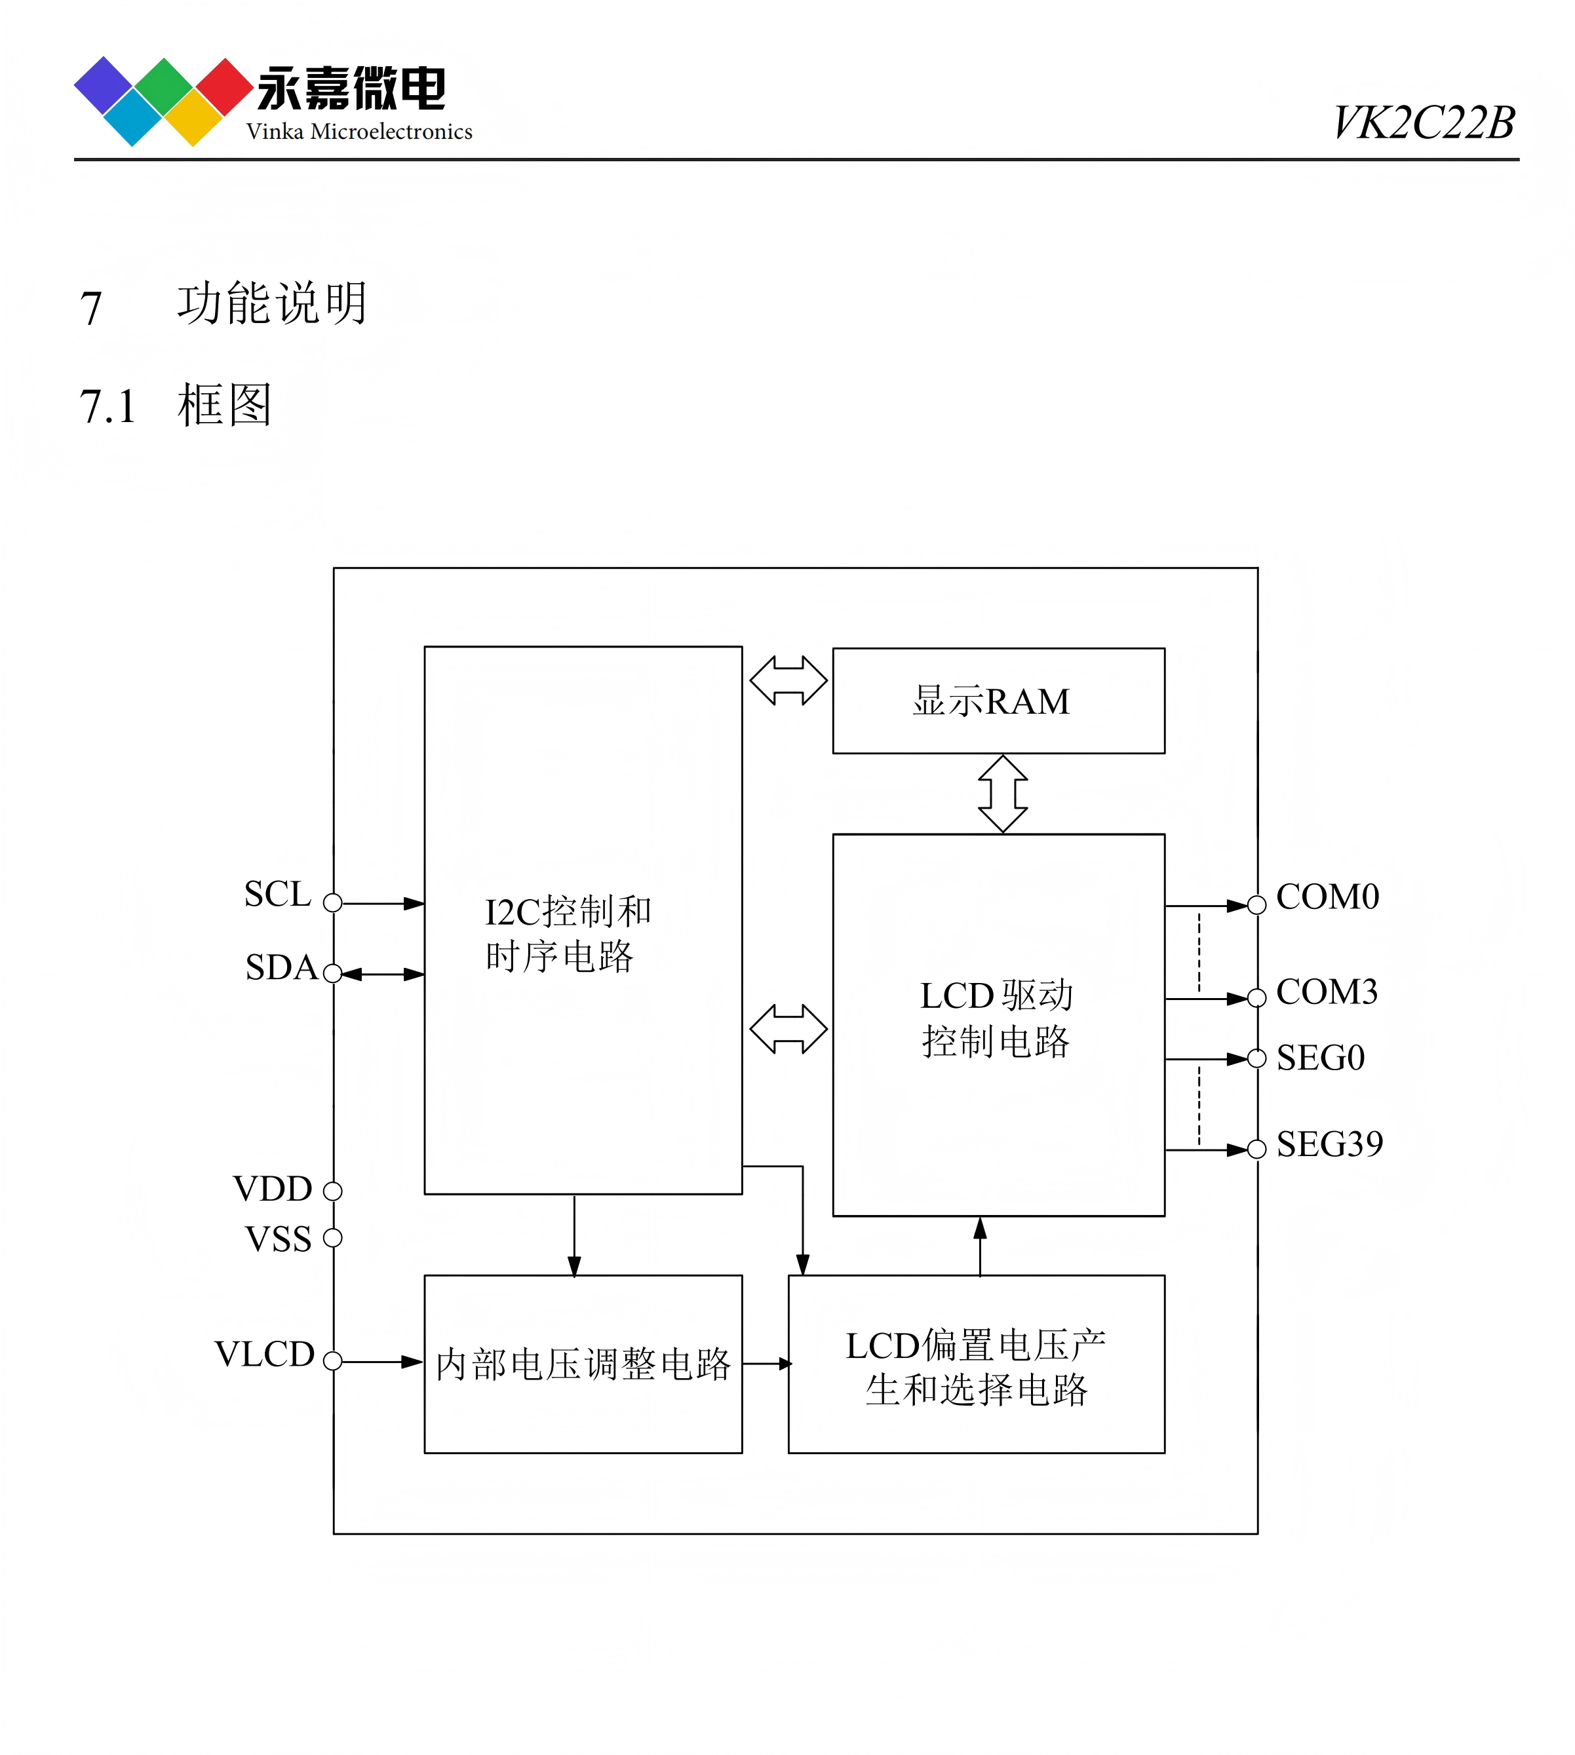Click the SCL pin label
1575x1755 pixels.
pyautogui.click(x=277, y=893)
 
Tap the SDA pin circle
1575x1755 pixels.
pyautogui.click(x=332, y=974)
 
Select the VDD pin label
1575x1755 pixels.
pyautogui.click(x=273, y=1188)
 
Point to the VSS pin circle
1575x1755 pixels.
pyautogui.click(x=332, y=1237)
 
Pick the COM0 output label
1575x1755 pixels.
pyautogui.click(x=1327, y=897)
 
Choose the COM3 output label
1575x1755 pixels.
pyautogui.click(x=1326, y=992)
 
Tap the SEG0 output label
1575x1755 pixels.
pyautogui.click(x=1320, y=1058)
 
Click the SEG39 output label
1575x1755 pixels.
pyautogui.click(x=1329, y=1144)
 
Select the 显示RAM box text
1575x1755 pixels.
pyautogui.click(x=991, y=701)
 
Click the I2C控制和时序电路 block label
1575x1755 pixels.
pyautogui.click(x=567, y=933)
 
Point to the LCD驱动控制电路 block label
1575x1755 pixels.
pyautogui.click(x=996, y=1018)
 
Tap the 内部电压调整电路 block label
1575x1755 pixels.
pyautogui.click(x=583, y=1364)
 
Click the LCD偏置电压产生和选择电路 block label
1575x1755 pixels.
pyautogui.click(x=975, y=1367)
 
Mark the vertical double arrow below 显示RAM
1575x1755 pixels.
pyautogui.click(x=1002, y=794)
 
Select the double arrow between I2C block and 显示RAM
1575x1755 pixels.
pyautogui.click(x=788, y=680)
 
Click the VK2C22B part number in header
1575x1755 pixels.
pyautogui.click(x=1423, y=122)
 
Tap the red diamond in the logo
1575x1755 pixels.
pyautogui.click(x=224, y=87)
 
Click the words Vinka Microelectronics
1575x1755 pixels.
pyautogui.click(x=359, y=132)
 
